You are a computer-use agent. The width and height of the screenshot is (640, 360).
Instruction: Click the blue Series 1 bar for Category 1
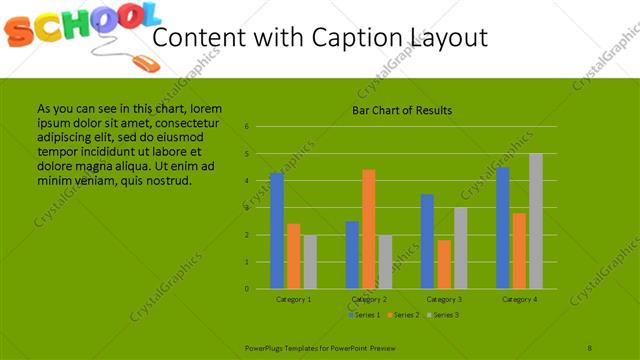click(x=277, y=230)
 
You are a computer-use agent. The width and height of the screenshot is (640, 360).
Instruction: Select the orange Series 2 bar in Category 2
click(x=368, y=229)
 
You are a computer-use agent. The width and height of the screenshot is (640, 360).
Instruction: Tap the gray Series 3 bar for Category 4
click(x=535, y=221)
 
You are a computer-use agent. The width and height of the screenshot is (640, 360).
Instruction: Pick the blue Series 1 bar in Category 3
click(x=427, y=241)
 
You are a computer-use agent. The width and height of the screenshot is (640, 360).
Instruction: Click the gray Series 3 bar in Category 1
click(x=309, y=262)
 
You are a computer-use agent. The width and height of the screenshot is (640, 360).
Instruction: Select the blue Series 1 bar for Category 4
click(x=502, y=228)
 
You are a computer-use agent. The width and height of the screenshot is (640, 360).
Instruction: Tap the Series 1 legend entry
click(x=364, y=315)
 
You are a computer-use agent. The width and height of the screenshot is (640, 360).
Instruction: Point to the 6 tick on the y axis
click(x=246, y=127)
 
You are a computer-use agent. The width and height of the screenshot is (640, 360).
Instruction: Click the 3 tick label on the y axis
click(x=246, y=208)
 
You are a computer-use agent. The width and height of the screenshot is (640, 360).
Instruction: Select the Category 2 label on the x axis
click(x=368, y=299)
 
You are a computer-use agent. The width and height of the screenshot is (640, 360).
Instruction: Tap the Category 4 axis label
click(x=519, y=299)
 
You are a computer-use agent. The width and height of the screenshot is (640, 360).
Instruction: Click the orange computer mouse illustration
click(x=145, y=62)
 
